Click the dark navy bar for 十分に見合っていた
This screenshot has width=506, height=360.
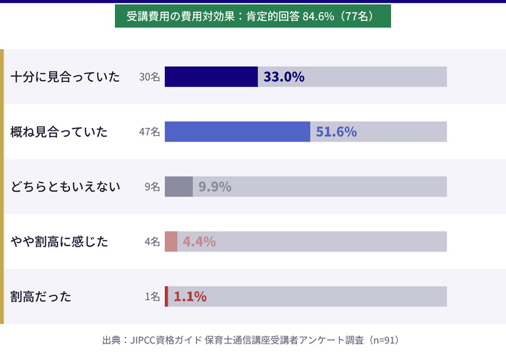click(x=211, y=77)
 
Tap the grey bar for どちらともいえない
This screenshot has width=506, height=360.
click(x=179, y=187)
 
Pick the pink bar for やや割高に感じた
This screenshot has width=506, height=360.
click(x=171, y=241)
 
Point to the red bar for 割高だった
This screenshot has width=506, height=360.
click(x=166, y=296)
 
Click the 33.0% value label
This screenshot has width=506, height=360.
click(x=283, y=77)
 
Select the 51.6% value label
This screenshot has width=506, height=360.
click(x=336, y=132)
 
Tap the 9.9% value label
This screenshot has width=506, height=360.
click(x=215, y=187)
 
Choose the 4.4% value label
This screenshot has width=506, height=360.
click(x=200, y=241)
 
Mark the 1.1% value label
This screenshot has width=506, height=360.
click(x=190, y=296)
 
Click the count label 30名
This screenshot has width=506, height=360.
click(x=149, y=77)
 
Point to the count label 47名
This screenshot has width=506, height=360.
click(x=149, y=132)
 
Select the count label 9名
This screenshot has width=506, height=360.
click(x=152, y=187)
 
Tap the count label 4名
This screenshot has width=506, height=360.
click(x=152, y=241)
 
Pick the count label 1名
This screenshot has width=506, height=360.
click(x=152, y=296)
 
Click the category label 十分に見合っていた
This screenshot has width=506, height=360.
click(x=65, y=77)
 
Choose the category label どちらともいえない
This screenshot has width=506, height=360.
click(x=65, y=187)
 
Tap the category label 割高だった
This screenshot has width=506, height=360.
click(x=41, y=296)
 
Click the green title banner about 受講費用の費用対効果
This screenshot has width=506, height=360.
click(x=253, y=16)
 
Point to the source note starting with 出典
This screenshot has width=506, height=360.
click(x=251, y=340)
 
